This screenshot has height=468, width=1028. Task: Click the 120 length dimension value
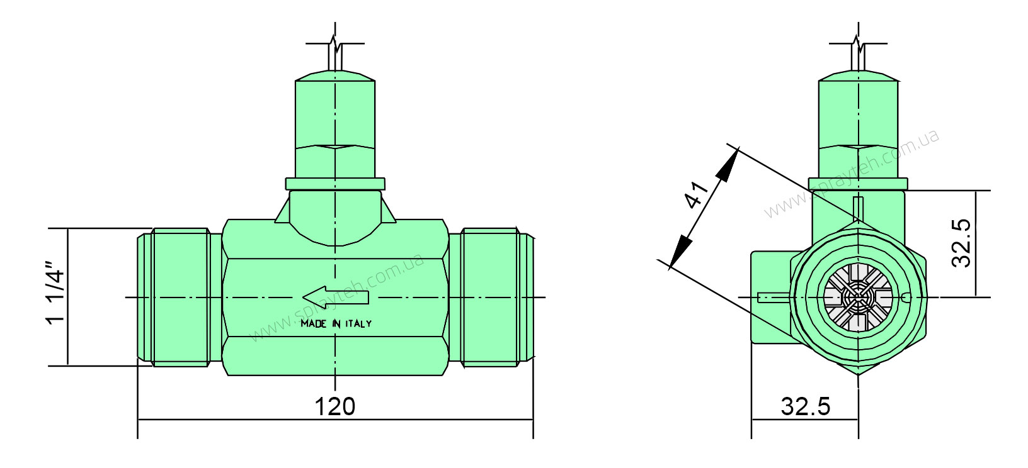click(335, 406)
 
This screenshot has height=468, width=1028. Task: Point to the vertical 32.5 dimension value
click(961, 243)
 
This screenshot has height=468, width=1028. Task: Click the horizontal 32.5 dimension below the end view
click(806, 406)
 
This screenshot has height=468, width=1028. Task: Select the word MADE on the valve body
click(314, 324)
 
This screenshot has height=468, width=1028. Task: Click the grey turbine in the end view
click(858, 298)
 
